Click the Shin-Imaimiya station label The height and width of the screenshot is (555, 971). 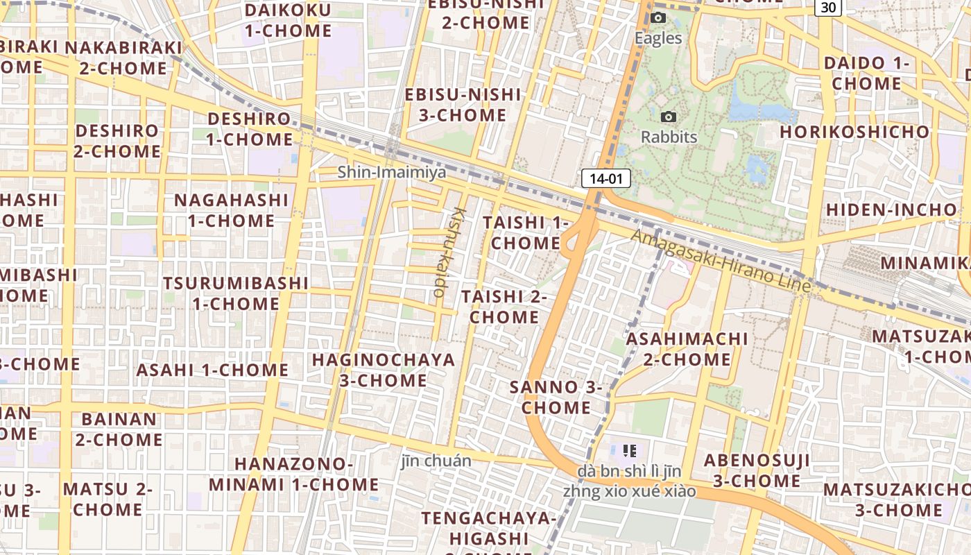[x=392, y=172]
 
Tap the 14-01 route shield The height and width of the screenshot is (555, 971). [x=605, y=178]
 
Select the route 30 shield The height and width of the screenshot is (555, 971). [x=828, y=7]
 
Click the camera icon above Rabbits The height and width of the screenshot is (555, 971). [x=669, y=117]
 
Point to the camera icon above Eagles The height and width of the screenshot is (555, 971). [x=658, y=17]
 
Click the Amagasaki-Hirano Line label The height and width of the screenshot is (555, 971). [x=721, y=261]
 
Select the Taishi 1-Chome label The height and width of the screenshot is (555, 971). [x=526, y=233]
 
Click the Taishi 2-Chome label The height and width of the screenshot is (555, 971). [x=505, y=307]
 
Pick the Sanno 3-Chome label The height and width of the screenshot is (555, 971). [x=556, y=397]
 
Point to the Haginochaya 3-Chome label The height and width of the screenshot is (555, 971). [x=384, y=370]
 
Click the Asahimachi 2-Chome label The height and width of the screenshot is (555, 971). [x=687, y=349]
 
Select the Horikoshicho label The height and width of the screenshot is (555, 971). [x=854, y=132]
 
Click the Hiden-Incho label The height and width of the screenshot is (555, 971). [x=891, y=210]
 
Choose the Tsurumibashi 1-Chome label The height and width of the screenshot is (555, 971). [x=236, y=293]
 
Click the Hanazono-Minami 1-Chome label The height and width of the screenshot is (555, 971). [x=294, y=474]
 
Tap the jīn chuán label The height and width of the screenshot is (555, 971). [x=436, y=461]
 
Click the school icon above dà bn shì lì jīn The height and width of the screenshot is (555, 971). [x=630, y=451]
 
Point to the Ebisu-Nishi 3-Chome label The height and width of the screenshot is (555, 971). [x=463, y=105]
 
